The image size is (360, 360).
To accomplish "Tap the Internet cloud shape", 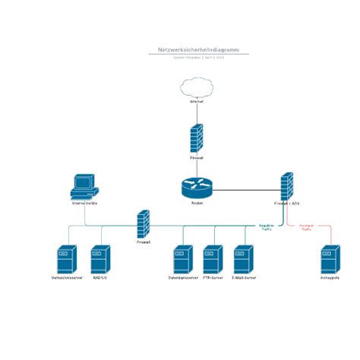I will click(197, 90).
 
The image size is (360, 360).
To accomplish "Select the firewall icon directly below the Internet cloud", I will click(197, 140).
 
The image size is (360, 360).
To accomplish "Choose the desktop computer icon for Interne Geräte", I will click(83, 186).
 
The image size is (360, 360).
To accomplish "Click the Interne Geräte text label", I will click(84, 204).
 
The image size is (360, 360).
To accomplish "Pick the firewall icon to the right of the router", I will click(287, 186).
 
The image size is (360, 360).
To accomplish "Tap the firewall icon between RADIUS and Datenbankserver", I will click(144, 225).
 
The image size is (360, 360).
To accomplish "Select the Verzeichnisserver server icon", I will click(67, 260).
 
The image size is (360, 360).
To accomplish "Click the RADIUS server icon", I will click(100, 260).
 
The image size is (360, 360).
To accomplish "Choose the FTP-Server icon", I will click(213, 260).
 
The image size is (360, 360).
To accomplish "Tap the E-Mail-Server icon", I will click(243, 260).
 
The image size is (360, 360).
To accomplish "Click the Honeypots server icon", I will click(329, 260).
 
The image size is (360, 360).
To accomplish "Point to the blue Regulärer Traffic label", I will click(267, 227).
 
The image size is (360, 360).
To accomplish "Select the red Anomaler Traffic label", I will click(306, 227).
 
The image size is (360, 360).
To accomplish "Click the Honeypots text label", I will click(329, 278).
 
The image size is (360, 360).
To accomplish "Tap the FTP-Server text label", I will click(213, 278).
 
